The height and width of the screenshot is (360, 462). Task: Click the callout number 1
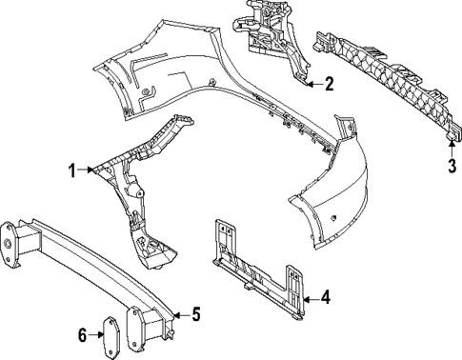coord(70,170)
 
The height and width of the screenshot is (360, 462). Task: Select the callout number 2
coord(329,84)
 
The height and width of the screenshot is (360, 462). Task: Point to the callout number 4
coord(325,298)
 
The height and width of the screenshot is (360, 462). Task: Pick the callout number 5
coord(196,312)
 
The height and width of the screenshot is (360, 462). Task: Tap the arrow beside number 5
coord(179,312)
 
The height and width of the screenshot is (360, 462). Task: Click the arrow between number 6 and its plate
coord(95,333)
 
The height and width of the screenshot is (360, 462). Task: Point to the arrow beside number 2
coord(312,84)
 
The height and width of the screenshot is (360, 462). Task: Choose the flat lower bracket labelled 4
coord(257,271)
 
